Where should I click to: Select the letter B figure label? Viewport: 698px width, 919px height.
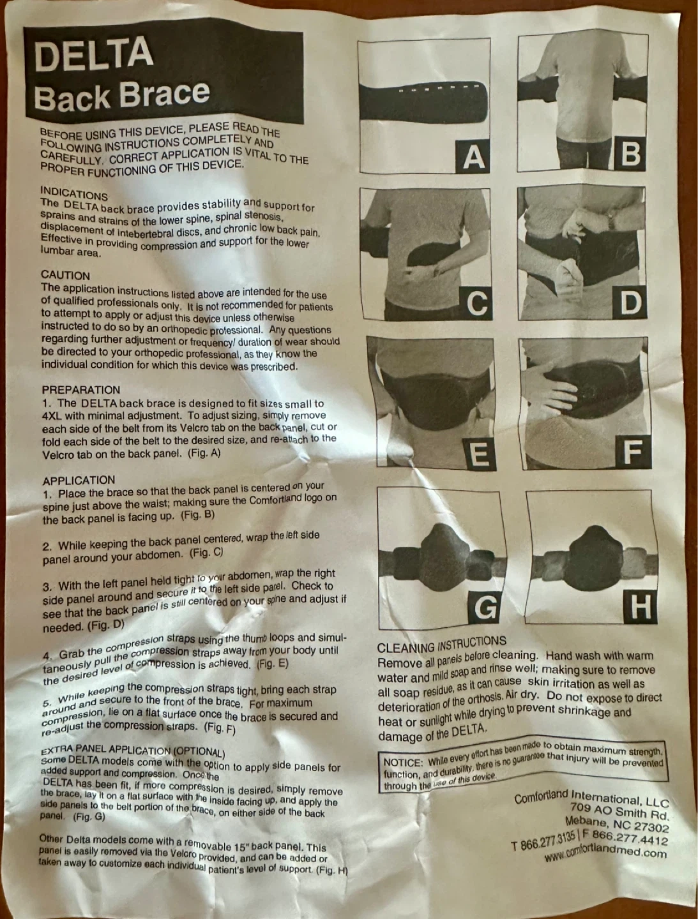[x=630, y=153]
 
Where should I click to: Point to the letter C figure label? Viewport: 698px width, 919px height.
[x=476, y=303]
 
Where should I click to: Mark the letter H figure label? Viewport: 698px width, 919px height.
[x=640, y=607]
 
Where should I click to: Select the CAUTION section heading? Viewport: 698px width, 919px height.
[x=65, y=276]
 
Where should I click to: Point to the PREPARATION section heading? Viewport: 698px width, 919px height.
[x=81, y=390]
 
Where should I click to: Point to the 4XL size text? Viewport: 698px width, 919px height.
[x=52, y=416]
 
